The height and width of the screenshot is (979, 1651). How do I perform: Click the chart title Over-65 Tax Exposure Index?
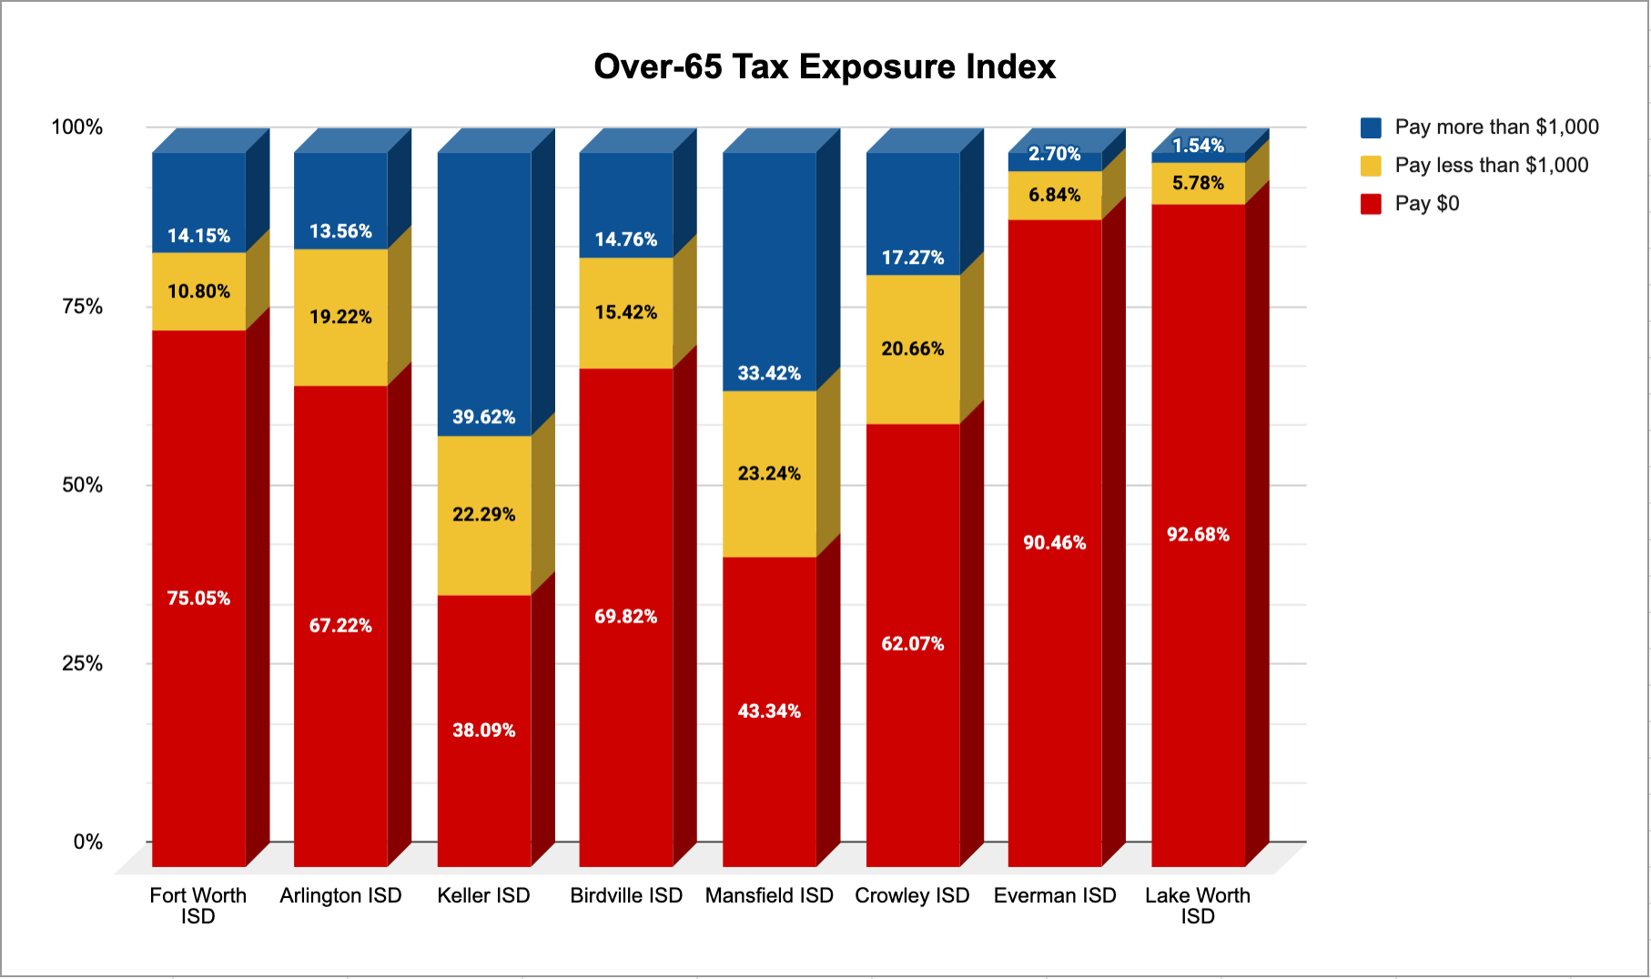click(x=825, y=66)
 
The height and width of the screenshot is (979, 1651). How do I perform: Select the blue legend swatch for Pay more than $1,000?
click(x=1371, y=127)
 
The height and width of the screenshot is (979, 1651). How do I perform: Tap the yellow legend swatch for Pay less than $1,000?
click(x=1371, y=166)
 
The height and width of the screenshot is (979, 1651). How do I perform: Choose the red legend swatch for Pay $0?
click(x=1371, y=204)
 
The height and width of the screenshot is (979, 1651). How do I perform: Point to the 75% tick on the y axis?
click(x=83, y=307)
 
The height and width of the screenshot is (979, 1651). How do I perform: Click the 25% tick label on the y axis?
click(x=83, y=663)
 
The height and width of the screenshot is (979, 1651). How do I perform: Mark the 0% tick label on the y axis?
click(x=88, y=842)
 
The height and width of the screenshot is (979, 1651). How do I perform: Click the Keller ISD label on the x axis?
click(x=483, y=895)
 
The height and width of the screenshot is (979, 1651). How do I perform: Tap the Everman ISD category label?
click(x=1055, y=895)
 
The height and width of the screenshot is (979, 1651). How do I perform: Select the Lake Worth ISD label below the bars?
click(x=1198, y=905)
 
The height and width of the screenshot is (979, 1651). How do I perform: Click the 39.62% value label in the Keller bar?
click(x=484, y=417)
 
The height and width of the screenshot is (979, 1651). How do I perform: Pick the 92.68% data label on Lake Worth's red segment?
click(x=1198, y=534)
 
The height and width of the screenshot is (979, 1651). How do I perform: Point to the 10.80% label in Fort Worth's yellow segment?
click(x=198, y=291)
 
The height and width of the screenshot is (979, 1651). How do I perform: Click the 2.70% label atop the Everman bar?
click(x=1055, y=154)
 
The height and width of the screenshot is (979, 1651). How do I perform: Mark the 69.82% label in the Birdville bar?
click(x=626, y=616)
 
